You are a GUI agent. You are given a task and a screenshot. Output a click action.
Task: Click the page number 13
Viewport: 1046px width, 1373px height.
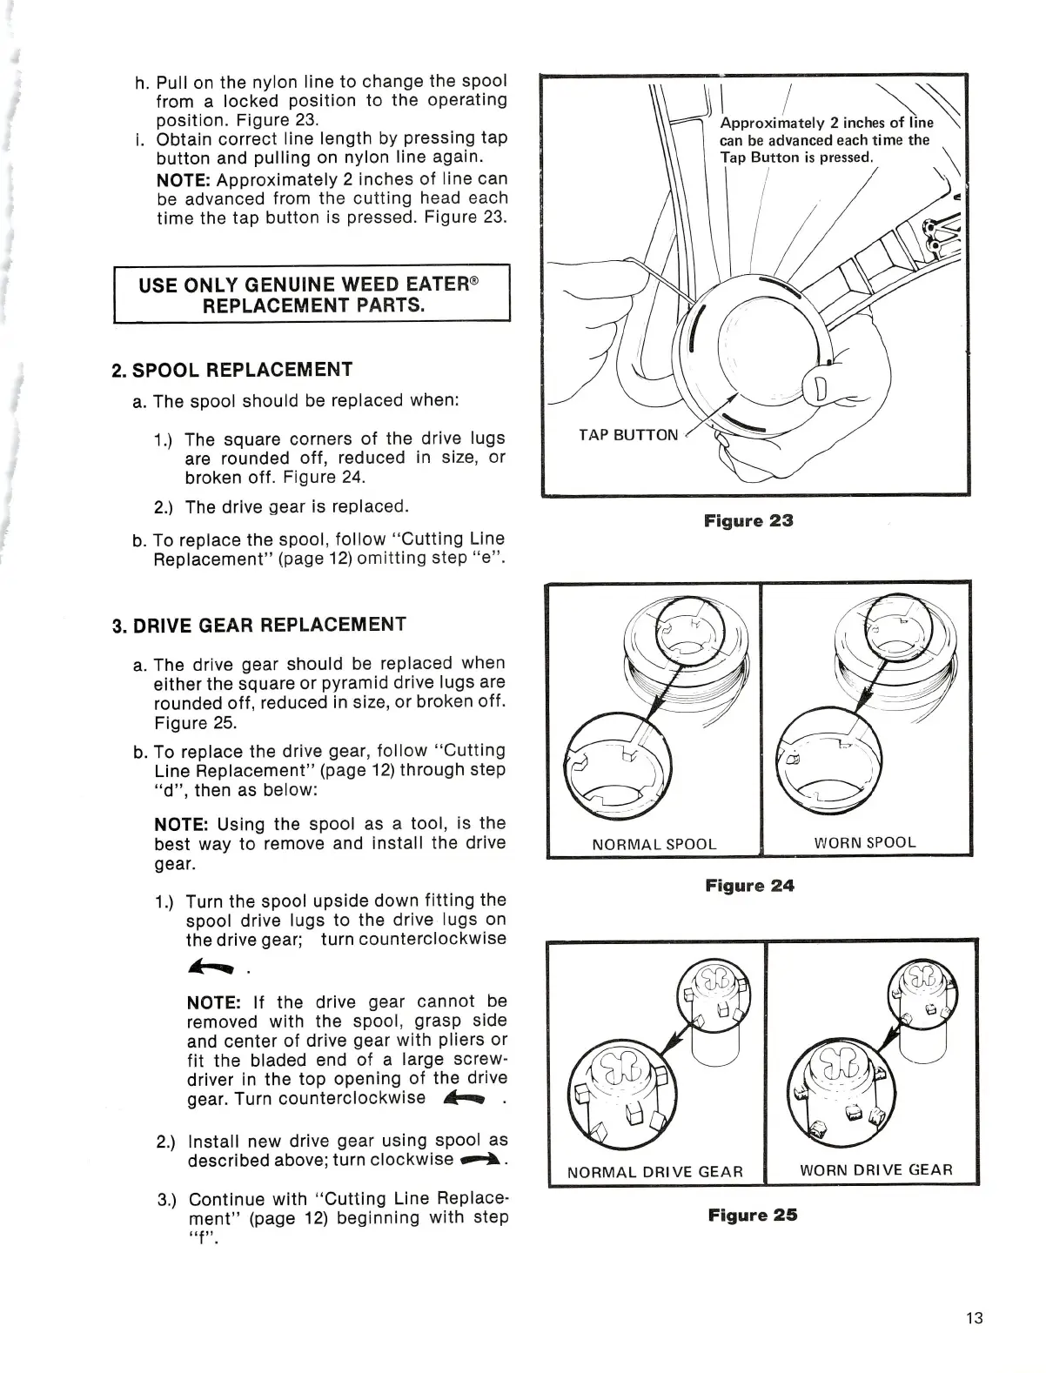[974, 1317]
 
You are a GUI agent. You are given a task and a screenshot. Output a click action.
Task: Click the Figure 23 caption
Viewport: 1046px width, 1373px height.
[748, 521]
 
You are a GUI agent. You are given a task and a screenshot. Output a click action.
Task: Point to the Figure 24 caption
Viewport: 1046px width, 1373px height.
[749, 886]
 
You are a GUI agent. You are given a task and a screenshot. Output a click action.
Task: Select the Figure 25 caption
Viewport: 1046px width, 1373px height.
[751, 1215]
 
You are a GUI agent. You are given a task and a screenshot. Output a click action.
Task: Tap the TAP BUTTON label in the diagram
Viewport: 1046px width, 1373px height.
[628, 434]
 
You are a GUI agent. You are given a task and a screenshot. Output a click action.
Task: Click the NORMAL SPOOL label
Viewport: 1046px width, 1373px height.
[654, 844]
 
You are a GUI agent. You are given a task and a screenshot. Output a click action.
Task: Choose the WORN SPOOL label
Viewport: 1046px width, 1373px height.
[865, 842]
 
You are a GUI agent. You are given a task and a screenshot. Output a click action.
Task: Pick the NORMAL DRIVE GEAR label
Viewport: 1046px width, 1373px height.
[655, 1171]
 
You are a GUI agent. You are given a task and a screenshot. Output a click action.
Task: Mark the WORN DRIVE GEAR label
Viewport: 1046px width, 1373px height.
[876, 1169]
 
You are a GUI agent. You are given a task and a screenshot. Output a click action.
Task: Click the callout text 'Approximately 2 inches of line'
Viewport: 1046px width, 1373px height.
[827, 123]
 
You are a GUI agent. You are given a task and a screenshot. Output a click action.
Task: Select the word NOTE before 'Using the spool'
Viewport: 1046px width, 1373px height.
[181, 824]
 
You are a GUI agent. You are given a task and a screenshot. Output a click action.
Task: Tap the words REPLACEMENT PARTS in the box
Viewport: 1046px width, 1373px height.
[313, 305]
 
